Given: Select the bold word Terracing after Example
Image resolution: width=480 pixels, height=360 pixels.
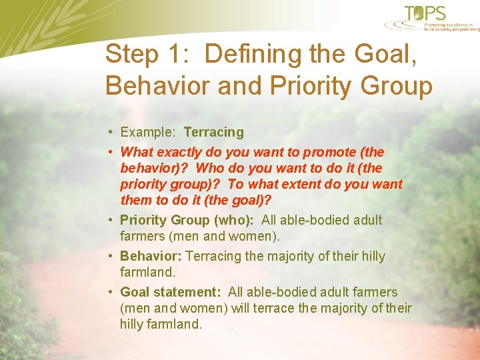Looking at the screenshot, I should click(213, 133).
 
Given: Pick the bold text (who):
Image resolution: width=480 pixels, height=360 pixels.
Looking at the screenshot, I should click(233, 221).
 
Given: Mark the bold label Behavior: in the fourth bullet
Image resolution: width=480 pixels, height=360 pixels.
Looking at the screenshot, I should click(151, 257).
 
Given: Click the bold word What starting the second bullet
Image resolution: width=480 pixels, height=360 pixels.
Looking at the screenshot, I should click(136, 153).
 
